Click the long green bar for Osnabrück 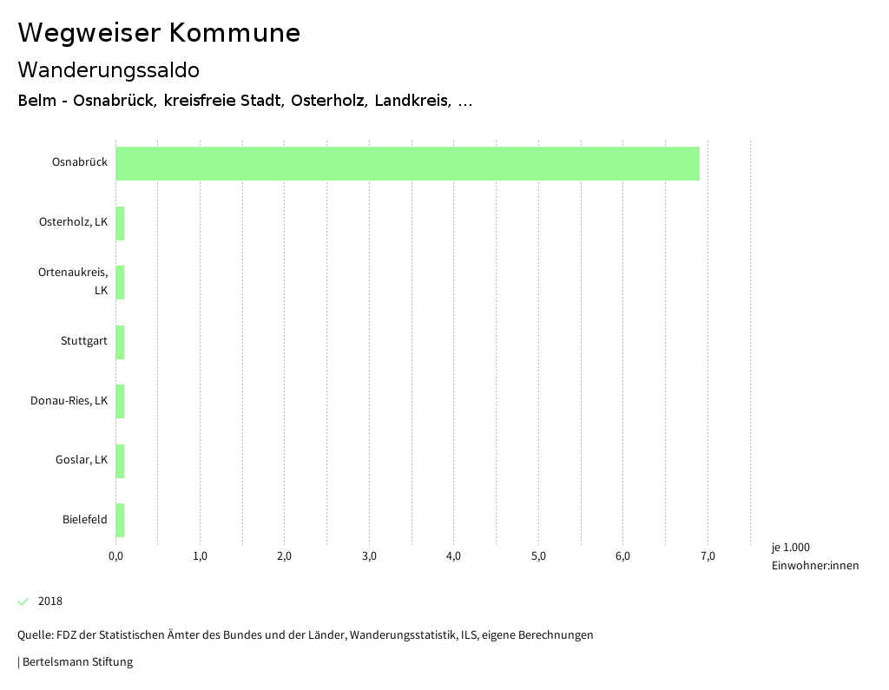point(407,163)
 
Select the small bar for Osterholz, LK point(120,223)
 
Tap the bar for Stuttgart point(120,342)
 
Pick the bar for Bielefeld point(120,520)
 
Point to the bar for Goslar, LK point(120,461)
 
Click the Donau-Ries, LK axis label point(69,401)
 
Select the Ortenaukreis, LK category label point(73,281)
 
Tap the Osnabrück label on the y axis point(80,162)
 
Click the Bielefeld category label point(85,520)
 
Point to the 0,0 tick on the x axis point(115,556)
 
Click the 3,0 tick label point(369,556)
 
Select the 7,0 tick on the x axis point(708,556)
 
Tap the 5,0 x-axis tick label point(538,556)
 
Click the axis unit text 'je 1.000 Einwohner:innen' point(814,556)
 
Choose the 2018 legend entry point(50,601)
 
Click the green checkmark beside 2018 point(23,601)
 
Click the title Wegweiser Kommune point(159,33)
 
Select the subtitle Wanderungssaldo point(109,69)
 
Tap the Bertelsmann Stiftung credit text point(77,662)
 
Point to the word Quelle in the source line point(35,635)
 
